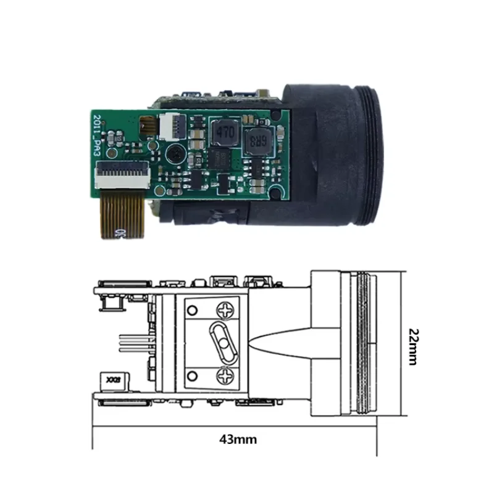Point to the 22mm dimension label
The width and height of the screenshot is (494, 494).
414,346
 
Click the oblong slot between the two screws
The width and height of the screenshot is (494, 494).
222,341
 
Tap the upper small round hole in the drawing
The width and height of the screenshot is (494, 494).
191,310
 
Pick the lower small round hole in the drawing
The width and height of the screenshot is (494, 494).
191,374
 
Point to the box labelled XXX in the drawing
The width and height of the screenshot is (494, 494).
114,381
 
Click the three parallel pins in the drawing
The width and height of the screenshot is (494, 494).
133,343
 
